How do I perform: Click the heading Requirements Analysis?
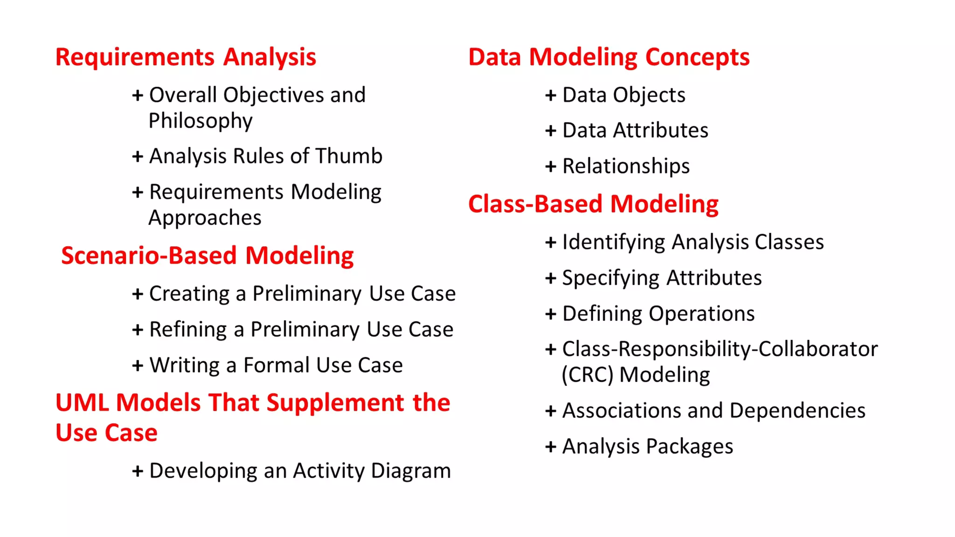click(186, 57)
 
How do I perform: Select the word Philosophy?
click(201, 121)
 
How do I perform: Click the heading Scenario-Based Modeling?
click(208, 256)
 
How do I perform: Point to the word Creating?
click(189, 294)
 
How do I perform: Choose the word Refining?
click(188, 330)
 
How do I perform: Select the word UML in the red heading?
click(82, 403)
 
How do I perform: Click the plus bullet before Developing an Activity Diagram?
click(138, 471)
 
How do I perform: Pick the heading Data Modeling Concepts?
click(609, 57)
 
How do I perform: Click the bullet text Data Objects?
click(624, 95)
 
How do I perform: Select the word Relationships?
click(626, 166)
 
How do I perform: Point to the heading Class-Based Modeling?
click(593, 204)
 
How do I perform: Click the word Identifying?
click(613, 242)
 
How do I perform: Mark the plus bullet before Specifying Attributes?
click(551, 278)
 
